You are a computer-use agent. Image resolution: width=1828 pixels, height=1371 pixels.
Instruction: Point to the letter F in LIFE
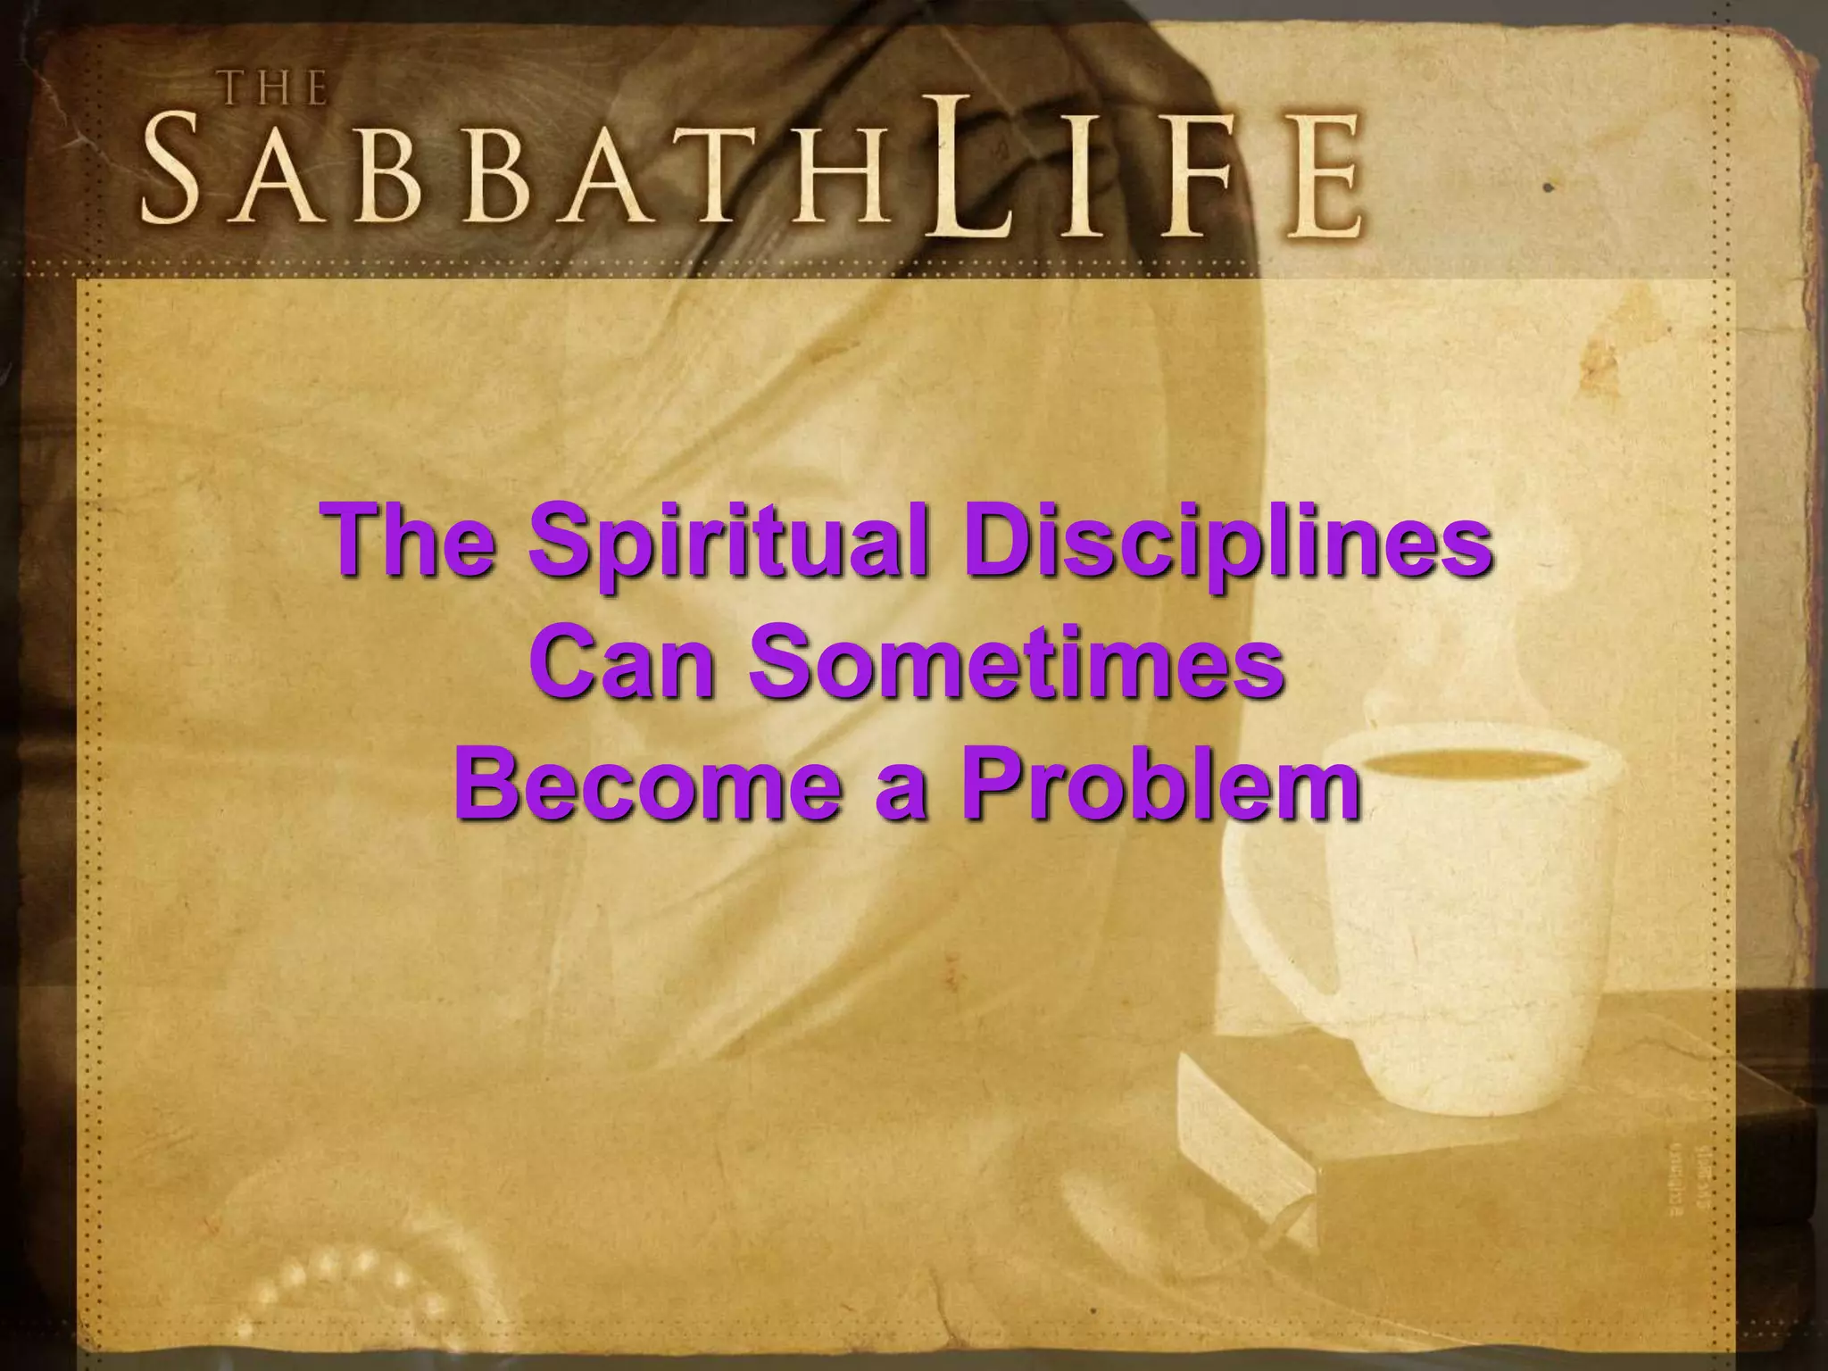coord(1200,179)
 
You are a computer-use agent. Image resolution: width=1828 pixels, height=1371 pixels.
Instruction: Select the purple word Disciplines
coord(1226,541)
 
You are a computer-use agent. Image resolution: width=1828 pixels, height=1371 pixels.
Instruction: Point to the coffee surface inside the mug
coord(1474,763)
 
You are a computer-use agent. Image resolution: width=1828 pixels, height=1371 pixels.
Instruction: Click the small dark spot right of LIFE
coord(1550,188)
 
